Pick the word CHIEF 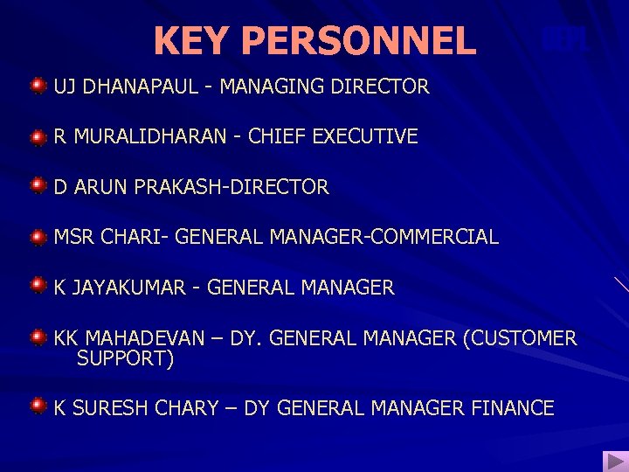(277, 136)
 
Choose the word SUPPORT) (126, 358)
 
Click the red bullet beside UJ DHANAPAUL (38, 86)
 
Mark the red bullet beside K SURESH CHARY (38, 405)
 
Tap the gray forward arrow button (614, 461)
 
